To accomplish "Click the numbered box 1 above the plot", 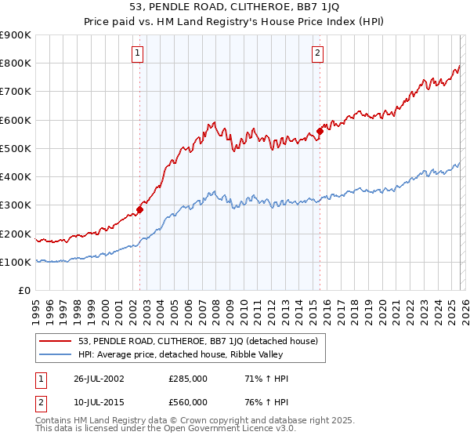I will click(138, 53).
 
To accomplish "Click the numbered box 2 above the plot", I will click(318, 53).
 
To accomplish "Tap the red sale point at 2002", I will click(140, 209).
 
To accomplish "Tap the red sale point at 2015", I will click(320, 131).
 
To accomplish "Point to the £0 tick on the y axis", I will click(25, 291).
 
